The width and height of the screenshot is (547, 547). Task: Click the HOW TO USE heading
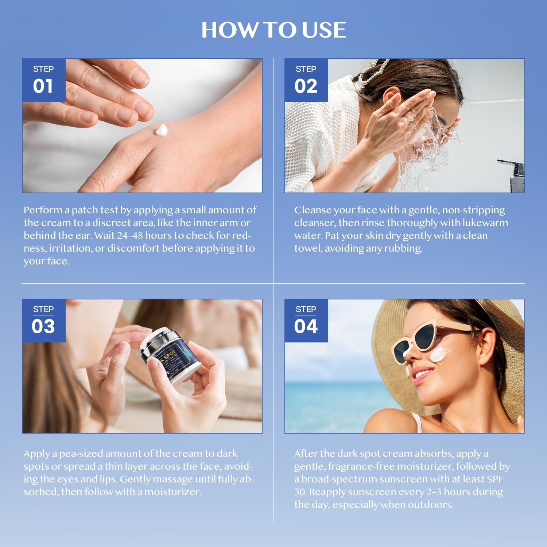pyautogui.click(x=273, y=30)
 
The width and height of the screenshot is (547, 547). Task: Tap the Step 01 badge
pyautogui.click(x=43, y=80)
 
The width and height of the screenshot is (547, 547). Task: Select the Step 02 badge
pyautogui.click(x=306, y=80)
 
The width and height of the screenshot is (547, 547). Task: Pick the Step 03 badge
pyautogui.click(x=43, y=321)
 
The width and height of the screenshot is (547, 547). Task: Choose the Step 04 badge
pyautogui.click(x=306, y=321)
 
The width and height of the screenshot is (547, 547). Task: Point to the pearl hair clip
pyautogui.click(x=372, y=71)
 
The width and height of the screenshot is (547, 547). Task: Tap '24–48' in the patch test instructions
pyautogui.click(x=130, y=236)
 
